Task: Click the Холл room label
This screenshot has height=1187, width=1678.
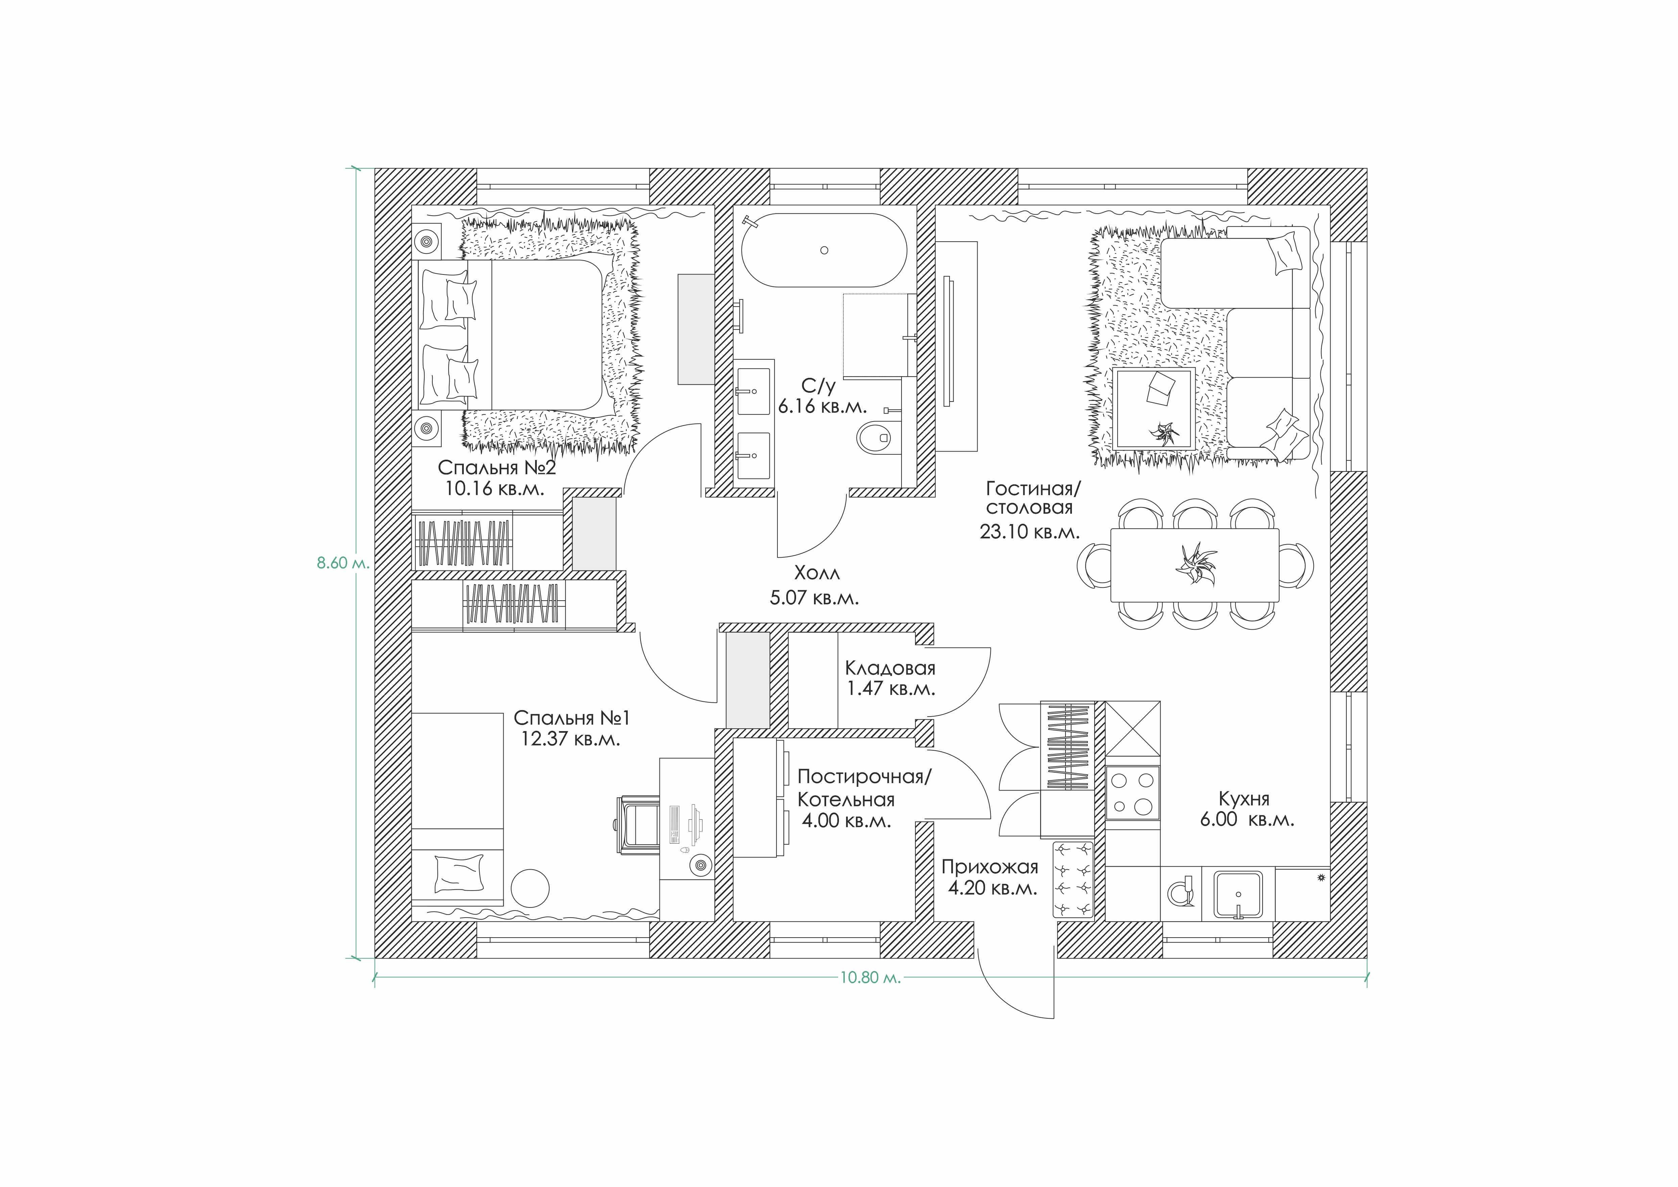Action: click(x=817, y=572)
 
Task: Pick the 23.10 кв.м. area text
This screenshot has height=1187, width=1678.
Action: click(x=1029, y=532)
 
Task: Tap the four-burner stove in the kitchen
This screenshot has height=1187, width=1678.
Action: click(x=1132, y=792)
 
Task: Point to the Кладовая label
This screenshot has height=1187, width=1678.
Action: click(x=890, y=667)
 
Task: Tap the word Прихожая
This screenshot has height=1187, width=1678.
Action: click(x=989, y=867)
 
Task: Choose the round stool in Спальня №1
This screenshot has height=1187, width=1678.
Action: click(x=530, y=888)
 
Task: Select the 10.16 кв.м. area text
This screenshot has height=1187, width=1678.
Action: click(x=495, y=488)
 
